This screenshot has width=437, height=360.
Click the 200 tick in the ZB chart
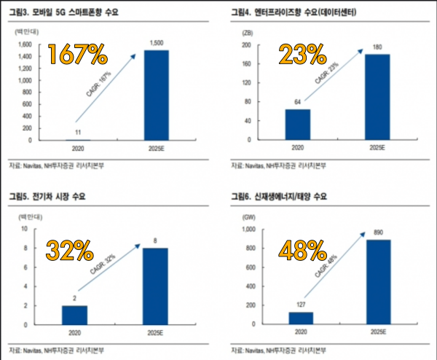(245, 44)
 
